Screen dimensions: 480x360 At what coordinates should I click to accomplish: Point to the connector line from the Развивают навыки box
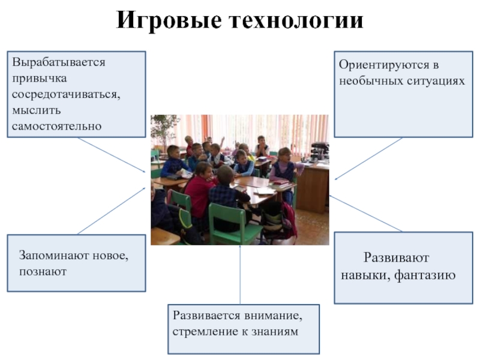pyautogui.click(x=365, y=214)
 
